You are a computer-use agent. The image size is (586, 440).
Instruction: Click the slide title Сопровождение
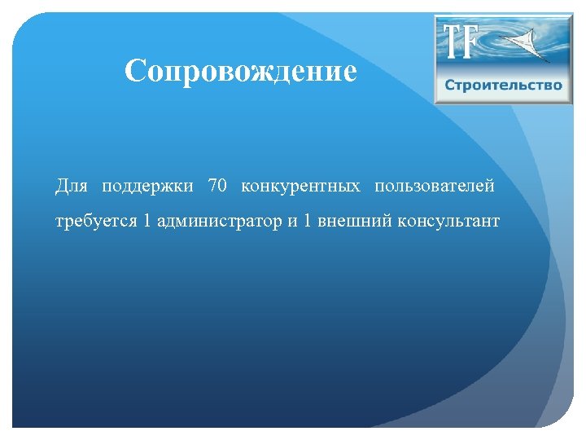pos(241,72)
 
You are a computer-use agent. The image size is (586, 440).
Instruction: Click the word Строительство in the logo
pos(503,86)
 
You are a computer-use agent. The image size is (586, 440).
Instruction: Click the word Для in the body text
pos(71,186)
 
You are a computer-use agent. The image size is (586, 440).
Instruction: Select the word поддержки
pos(147,187)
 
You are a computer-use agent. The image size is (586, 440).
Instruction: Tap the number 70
pos(217,186)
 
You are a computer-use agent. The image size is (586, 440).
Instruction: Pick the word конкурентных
pos(300,186)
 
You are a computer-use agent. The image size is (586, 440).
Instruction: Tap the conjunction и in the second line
pos(291,222)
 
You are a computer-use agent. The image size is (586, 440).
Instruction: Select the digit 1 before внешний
pos(308,222)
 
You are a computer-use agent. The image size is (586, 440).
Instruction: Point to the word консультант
pos(448,222)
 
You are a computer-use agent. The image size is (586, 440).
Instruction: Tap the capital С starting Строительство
pos(450,86)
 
